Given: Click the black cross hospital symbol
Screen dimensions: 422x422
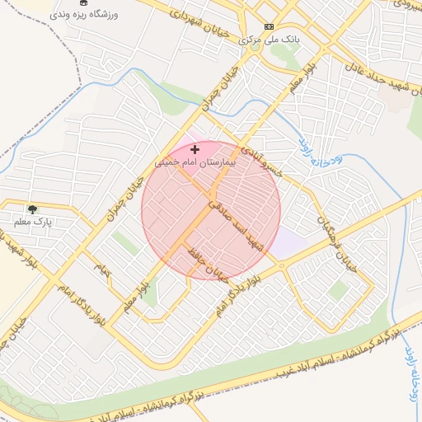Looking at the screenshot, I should coord(195,149).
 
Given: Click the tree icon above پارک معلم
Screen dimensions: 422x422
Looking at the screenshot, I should coord(32,209).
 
